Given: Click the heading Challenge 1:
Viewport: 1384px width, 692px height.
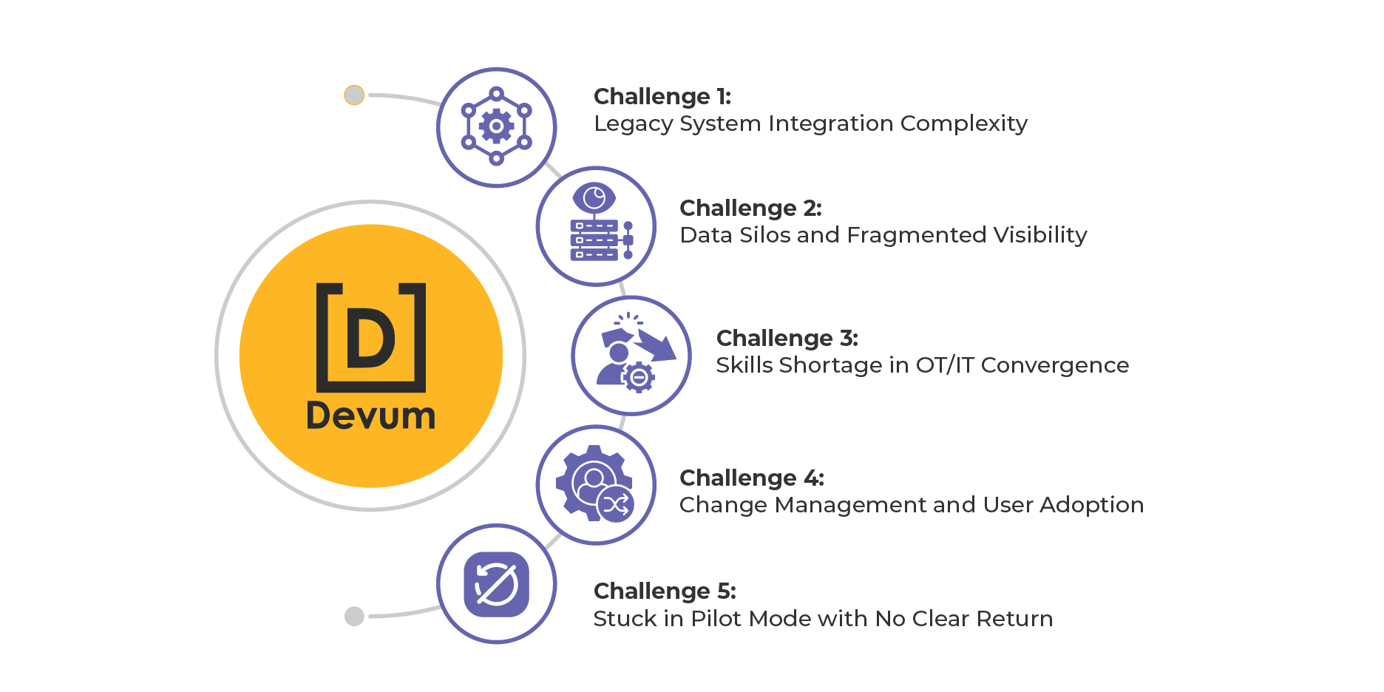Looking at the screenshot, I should [x=662, y=97].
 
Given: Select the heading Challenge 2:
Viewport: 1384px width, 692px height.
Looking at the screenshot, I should [x=750, y=208].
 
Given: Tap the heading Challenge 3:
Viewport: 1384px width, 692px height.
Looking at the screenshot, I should [x=787, y=339].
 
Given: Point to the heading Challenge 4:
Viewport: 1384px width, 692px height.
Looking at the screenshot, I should [x=751, y=478].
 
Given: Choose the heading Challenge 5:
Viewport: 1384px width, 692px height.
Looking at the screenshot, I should [x=664, y=591].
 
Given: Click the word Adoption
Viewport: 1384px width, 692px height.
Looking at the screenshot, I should [x=1091, y=505].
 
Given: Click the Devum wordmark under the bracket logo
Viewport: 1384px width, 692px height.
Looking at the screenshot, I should [x=370, y=416].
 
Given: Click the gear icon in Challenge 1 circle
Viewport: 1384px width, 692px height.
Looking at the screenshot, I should [x=497, y=126].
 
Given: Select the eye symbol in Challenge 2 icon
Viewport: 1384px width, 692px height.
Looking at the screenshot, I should [x=594, y=198].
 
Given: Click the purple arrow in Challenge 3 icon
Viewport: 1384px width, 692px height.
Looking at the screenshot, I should [x=657, y=346].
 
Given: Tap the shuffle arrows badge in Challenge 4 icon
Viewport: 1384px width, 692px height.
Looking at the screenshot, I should [x=615, y=505].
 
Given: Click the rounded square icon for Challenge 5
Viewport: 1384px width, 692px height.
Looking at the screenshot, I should [x=496, y=584].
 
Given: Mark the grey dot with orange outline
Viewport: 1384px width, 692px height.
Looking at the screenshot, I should [x=354, y=95].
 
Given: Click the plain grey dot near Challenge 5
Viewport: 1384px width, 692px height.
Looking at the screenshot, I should [x=354, y=616].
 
